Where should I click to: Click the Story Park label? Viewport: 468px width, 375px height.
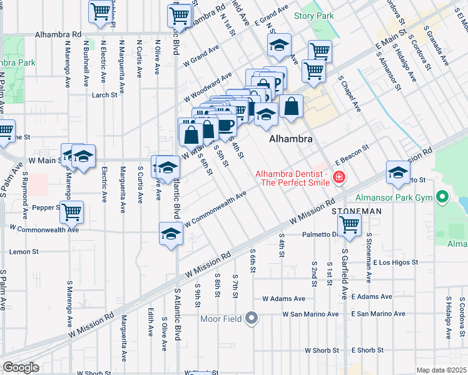point(314,15)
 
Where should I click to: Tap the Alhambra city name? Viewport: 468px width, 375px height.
point(290,140)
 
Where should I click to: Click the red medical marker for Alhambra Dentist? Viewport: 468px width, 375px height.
point(339,177)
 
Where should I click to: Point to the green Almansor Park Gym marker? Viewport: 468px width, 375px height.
point(443,198)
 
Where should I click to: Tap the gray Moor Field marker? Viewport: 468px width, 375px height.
point(252,319)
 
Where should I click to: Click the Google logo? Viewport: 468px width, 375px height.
point(21,367)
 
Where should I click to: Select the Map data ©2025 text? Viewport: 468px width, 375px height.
point(441,370)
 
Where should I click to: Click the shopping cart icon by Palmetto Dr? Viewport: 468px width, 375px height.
point(349,224)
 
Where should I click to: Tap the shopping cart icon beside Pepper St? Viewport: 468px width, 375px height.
point(72,212)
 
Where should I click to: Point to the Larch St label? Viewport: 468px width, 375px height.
point(104,96)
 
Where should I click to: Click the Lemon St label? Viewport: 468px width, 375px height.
point(24,252)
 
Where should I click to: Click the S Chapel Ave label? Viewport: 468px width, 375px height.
point(350,94)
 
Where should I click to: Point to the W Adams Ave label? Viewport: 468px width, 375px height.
point(283,299)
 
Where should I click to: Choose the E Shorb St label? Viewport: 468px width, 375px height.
point(367,350)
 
